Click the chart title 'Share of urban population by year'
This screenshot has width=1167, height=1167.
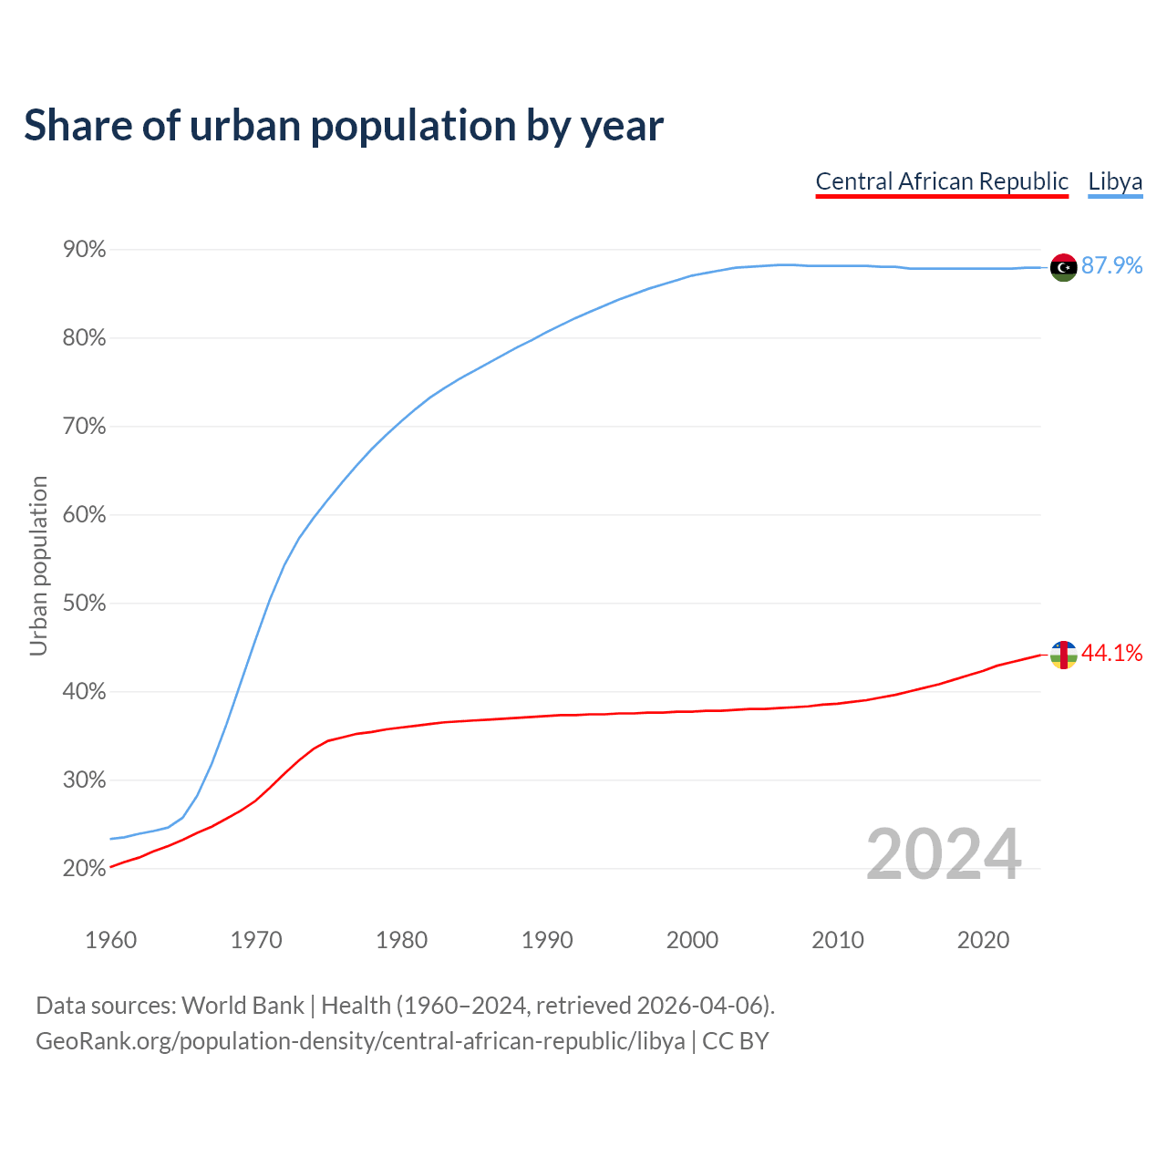tap(344, 126)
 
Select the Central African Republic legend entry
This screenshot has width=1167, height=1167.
tap(942, 181)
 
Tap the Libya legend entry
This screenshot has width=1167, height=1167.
tap(1115, 181)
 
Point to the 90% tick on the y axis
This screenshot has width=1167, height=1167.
tap(84, 250)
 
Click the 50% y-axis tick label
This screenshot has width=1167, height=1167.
tap(84, 604)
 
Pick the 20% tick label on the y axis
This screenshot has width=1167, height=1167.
tap(84, 869)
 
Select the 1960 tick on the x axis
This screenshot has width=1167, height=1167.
tap(110, 940)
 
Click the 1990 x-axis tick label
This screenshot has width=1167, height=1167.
tap(547, 940)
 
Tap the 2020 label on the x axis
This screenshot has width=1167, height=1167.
tap(983, 940)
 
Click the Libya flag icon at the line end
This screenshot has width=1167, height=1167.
tap(1063, 267)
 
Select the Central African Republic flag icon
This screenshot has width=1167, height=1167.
tap(1063, 655)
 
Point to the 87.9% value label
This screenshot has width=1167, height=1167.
tap(1111, 265)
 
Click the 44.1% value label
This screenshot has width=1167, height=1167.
tap(1111, 653)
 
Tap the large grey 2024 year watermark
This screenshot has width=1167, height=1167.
tap(944, 854)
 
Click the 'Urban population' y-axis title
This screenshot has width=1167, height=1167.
tap(38, 565)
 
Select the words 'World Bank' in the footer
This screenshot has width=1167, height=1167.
tap(243, 1006)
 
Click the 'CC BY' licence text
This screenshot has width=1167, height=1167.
tap(735, 1041)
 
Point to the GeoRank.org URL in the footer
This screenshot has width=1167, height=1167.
tap(360, 1041)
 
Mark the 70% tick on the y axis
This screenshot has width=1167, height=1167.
tap(84, 427)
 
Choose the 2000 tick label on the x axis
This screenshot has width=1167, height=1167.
tap(692, 940)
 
